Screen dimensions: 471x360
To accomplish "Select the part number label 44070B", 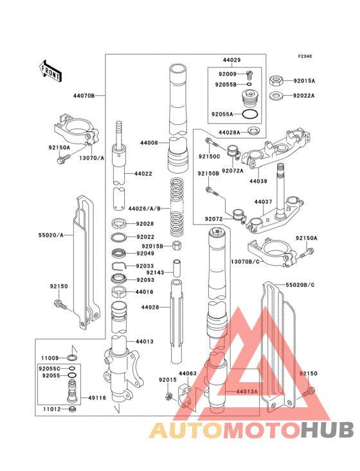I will click(x=84, y=95).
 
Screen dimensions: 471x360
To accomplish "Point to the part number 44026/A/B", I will click(x=144, y=208).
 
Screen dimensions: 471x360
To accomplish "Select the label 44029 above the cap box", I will click(x=231, y=60).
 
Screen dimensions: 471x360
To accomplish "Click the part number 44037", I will click(x=264, y=202).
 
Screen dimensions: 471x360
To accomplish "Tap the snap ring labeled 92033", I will click(x=120, y=266).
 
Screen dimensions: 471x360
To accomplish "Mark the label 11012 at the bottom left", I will click(x=51, y=408).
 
